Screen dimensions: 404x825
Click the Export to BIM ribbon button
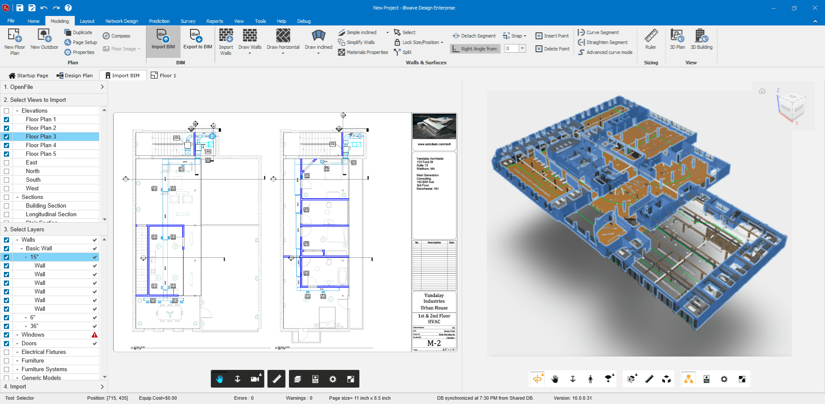click(x=197, y=40)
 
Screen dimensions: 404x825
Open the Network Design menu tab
click(x=121, y=21)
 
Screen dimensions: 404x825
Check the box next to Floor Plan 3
click(x=6, y=137)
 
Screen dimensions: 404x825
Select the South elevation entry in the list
click(x=33, y=180)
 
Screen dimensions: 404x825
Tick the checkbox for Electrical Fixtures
click(x=6, y=352)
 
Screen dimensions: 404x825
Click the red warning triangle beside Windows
click(x=95, y=335)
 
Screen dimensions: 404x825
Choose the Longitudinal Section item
click(x=51, y=214)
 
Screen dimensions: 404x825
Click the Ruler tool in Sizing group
click(x=650, y=40)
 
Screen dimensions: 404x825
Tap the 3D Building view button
click(x=701, y=40)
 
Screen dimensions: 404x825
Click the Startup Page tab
click(x=28, y=76)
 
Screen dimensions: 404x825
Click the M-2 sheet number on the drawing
click(x=434, y=343)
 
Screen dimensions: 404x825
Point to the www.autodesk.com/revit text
click(x=434, y=144)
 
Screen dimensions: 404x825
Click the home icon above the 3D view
click(x=762, y=91)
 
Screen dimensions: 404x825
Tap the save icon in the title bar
click(x=19, y=8)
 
